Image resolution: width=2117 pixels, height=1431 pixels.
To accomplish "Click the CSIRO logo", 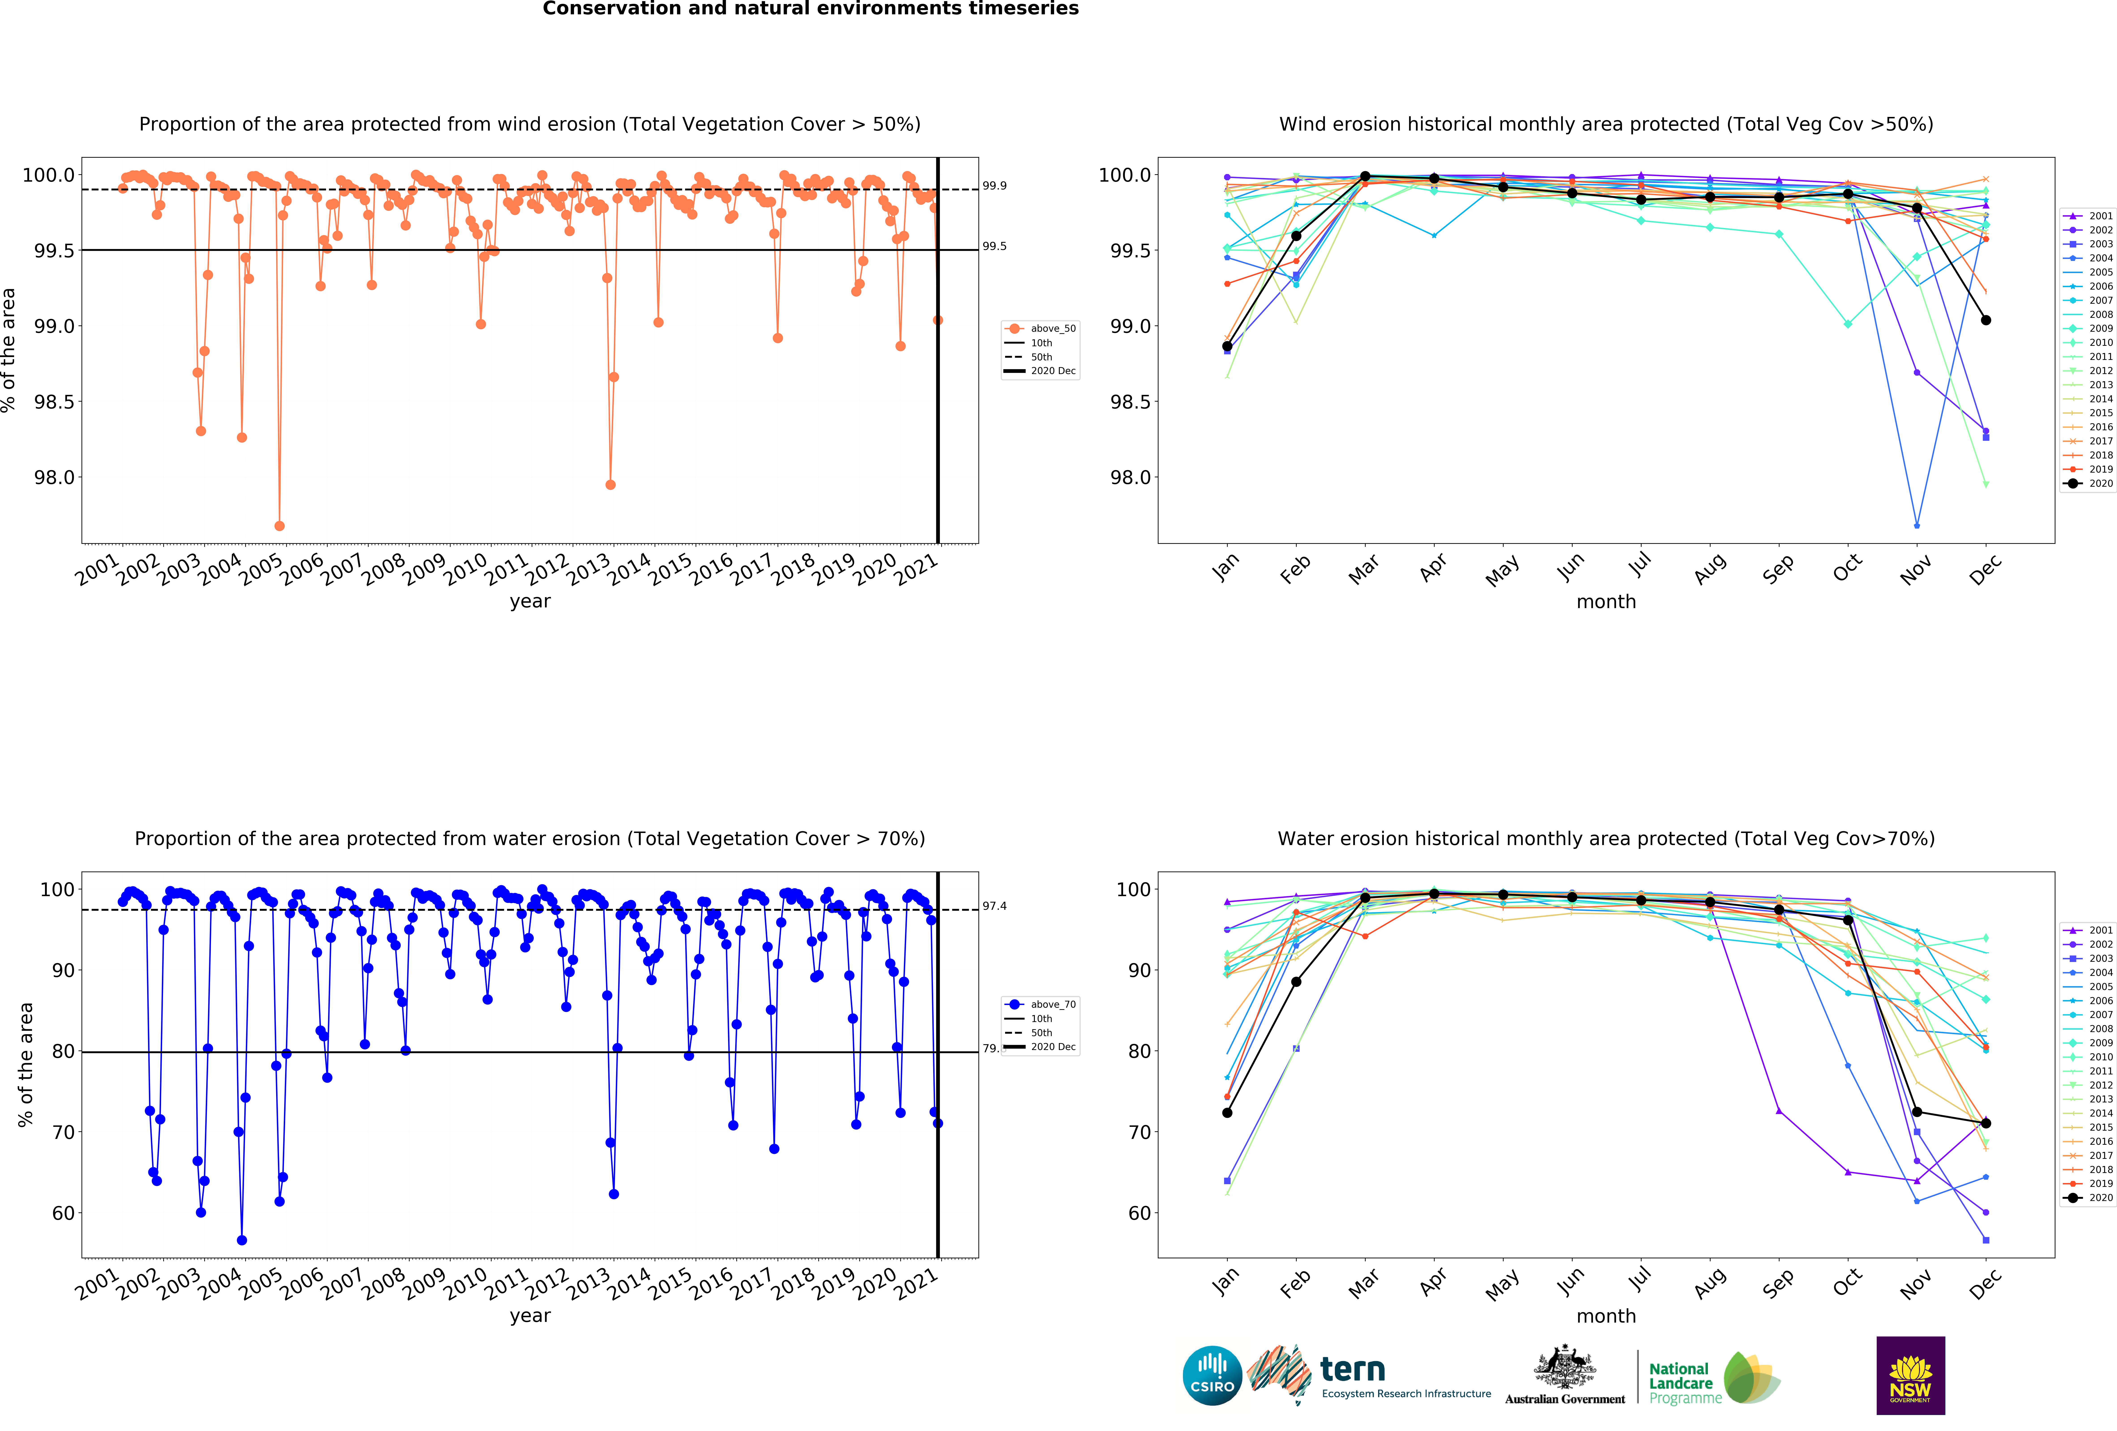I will (x=1212, y=1375).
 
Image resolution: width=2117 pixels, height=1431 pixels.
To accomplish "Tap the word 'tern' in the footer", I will (x=1353, y=1369).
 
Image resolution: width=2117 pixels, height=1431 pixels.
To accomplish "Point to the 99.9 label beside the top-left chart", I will (x=994, y=186).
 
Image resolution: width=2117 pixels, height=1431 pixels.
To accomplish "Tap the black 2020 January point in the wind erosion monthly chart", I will (x=1227, y=346).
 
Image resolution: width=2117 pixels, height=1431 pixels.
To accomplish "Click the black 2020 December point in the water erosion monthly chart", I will (x=1986, y=1123).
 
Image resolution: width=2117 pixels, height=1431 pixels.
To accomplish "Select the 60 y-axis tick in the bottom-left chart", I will (x=63, y=1213).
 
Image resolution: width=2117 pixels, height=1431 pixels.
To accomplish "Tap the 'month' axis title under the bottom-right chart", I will (x=1606, y=1316).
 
